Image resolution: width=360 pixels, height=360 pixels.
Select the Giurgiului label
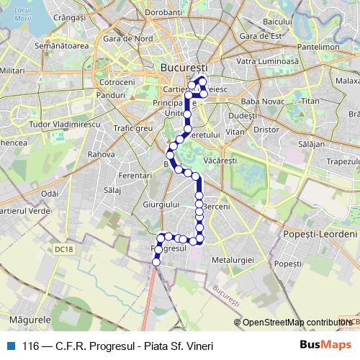[161, 205]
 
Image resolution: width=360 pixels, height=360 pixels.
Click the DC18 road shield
[64, 250]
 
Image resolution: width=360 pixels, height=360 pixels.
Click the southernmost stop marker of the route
[156, 263]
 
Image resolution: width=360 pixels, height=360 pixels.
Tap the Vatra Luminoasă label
[267, 62]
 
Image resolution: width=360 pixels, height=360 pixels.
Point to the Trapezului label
[342, 161]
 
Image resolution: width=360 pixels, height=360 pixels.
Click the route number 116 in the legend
[31, 346]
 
